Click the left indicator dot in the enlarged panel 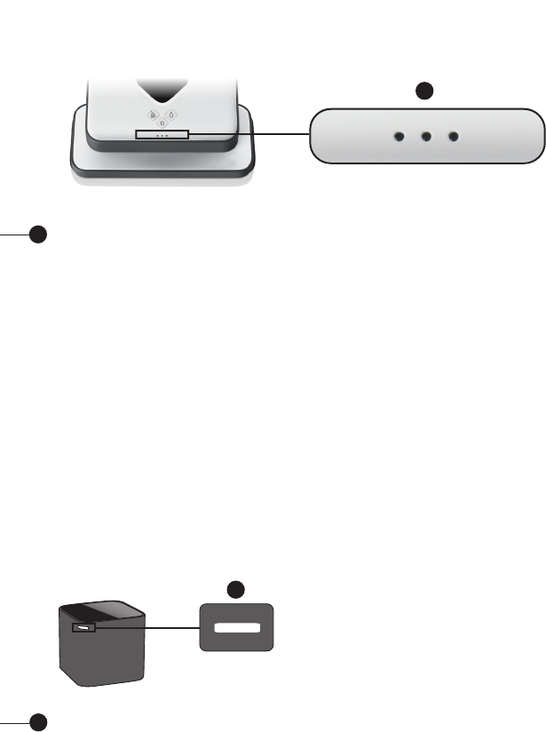pyautogui.click(x=400, y=137)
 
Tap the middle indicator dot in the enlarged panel pyautogui.click(x=427, y=137)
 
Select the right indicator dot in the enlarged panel pyautogui.click(x=455, y=137)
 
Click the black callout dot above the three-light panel pyautogui.click(x=426, y=90)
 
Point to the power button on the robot pyautogui.click(x=161, y=124)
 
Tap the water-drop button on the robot pyautogui.click(x=170, y=114)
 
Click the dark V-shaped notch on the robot pyautogui.click(x=161, y=91)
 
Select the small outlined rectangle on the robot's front pyautogui.click(x=162, y=134)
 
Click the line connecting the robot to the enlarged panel pyautogui.click(x=249, y=135)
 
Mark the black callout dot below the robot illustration pyautogui.click(x=36, y=235)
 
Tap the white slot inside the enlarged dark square pyautogui.click(x=235, y=627)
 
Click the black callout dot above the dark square pyautogui.click(x=235, y=588)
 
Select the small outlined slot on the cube pyautogui.click(x=83, y=629)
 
